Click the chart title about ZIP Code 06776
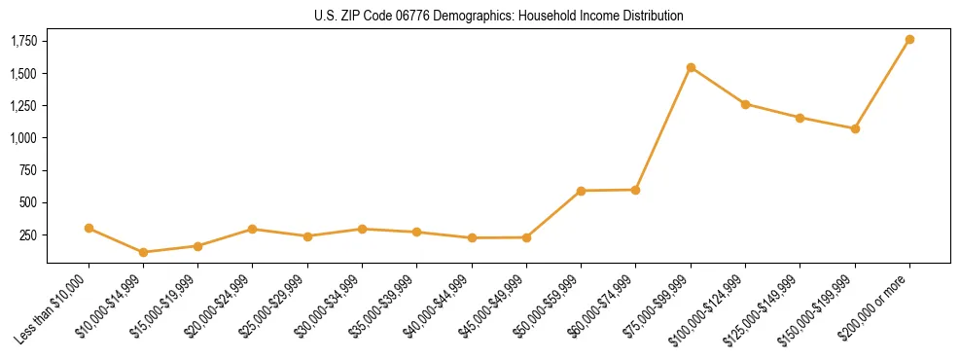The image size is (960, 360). point(499,16)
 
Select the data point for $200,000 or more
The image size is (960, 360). point(909,40)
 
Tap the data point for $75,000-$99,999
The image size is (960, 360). point(691,67)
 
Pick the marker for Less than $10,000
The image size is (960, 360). point(89,228)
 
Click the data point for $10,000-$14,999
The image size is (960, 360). point(144,252)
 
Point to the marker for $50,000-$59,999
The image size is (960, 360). point(581,191)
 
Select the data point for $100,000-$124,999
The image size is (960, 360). point(745,104)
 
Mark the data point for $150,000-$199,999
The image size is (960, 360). point(855,128)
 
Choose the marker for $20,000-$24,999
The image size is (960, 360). point(253,229)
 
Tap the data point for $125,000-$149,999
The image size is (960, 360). point(800,118)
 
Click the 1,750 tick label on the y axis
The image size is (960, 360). point(24,41)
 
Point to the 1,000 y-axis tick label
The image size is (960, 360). point(24,138)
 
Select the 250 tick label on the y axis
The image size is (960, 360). point(29,235)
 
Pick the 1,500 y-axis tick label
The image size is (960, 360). point(24,74)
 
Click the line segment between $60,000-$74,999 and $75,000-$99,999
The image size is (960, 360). point(663,128)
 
